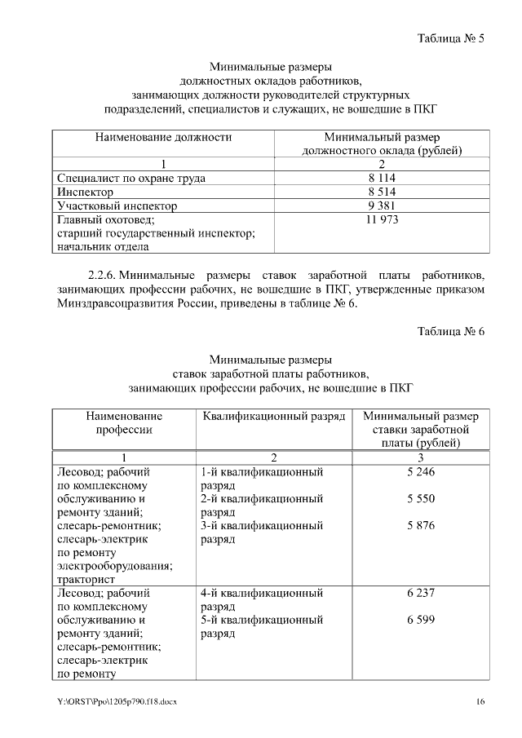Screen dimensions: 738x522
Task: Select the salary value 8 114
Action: coord(382,178)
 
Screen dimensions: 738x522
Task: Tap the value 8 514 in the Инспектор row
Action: coord(382,192)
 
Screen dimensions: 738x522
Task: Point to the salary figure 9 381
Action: coord(382,205)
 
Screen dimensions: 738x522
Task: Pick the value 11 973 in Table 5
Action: coord(382,219)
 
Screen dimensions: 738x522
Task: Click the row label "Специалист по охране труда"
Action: coord(130,178)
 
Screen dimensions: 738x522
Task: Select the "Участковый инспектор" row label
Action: coord(116,205)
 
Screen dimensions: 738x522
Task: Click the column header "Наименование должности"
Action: coord(163,137)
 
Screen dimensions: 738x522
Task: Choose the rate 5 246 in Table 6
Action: coord(421,472)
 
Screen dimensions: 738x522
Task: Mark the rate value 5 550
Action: coord(421,498)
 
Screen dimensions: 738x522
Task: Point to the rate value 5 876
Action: coord(421,525)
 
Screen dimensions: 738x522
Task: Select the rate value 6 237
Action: coord(421,594)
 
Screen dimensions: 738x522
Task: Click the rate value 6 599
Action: coord(421,620)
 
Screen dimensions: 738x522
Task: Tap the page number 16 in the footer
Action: coord(480,702)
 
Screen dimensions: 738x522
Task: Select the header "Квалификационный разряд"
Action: coord(272,416)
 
